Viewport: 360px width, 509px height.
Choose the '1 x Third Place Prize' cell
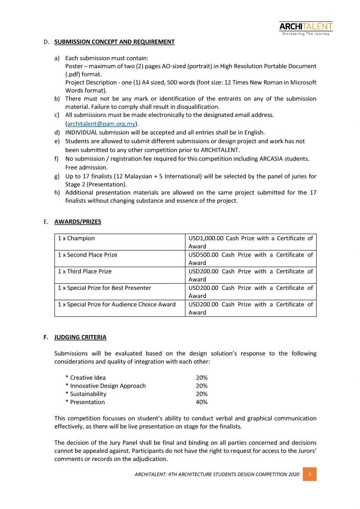pos(85,271)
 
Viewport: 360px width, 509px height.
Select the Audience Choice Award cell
pos(116,304)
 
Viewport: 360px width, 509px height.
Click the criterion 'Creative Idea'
pos(88,378)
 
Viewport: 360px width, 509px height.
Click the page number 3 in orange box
pos(310,475)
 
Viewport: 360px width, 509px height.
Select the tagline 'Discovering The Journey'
pos(306,34)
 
